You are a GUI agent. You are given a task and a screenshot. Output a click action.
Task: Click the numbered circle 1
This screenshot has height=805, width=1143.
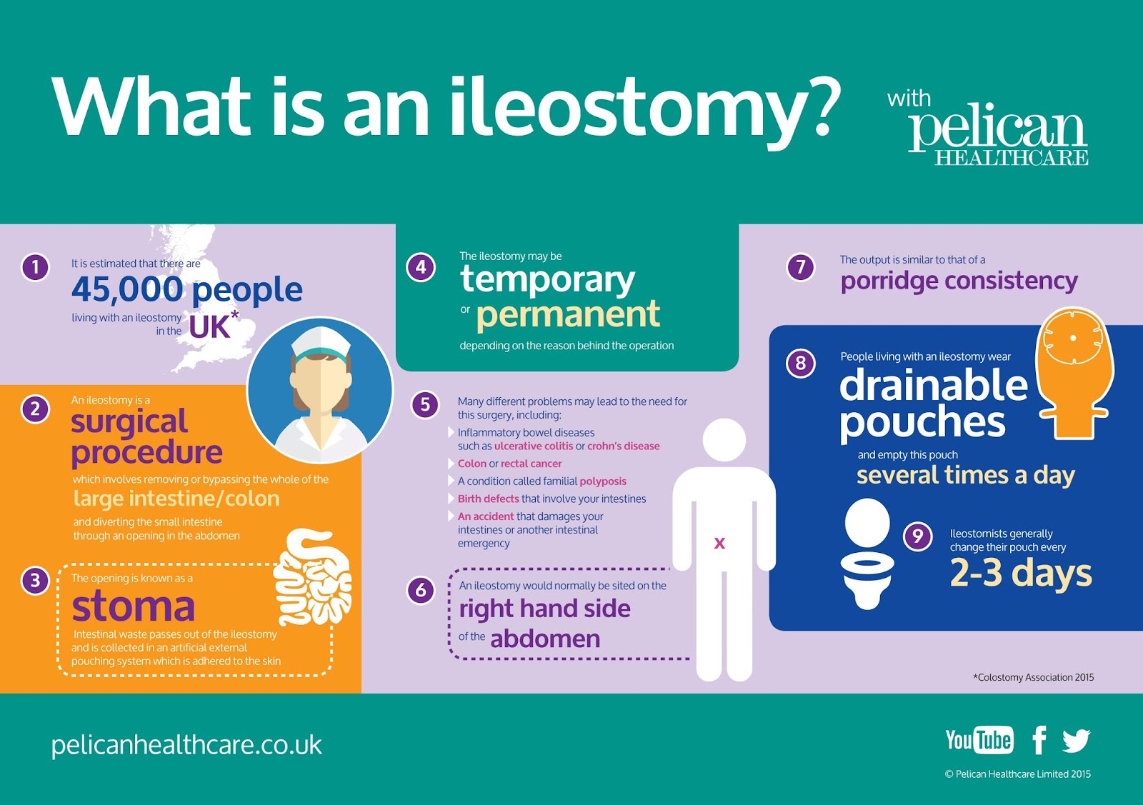click(35, 268)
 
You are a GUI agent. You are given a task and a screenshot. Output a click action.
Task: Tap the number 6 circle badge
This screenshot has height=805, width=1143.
click(421, 590)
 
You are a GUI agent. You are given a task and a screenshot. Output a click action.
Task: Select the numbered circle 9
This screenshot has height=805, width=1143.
click(918, 536)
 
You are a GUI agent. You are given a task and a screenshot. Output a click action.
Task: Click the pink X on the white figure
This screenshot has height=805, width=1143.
click(719, 544)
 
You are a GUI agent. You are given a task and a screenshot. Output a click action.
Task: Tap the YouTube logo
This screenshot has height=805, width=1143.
click(979, 740)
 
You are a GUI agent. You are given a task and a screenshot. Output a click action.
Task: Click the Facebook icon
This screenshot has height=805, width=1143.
click(1039, 740)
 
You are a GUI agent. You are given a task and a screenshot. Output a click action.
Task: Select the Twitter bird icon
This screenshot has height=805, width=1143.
click(1076, 741)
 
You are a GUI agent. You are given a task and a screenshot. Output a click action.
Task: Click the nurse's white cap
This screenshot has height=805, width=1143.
click(321, 341)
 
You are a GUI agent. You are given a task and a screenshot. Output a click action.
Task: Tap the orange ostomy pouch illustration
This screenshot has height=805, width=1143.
click(1073, 371)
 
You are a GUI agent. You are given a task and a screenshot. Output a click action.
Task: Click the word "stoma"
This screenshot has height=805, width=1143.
click(134, 606)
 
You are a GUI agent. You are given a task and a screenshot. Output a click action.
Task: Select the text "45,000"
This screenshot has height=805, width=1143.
click(127, 289)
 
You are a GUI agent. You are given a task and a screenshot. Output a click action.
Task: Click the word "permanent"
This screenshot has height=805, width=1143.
click(568, 314)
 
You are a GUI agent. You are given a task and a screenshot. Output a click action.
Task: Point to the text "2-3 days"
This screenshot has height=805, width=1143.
click(1021, 573)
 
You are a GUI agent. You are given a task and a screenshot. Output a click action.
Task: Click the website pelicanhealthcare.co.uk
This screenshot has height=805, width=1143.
click(186, 745)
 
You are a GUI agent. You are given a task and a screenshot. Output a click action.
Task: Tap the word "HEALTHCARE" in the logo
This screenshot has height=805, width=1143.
click(1012, 158)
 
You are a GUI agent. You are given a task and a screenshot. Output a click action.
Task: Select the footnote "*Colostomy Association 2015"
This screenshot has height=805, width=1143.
click(1033, 677)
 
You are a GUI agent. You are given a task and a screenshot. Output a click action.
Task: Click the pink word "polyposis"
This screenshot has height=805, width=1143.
click(603, 481)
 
